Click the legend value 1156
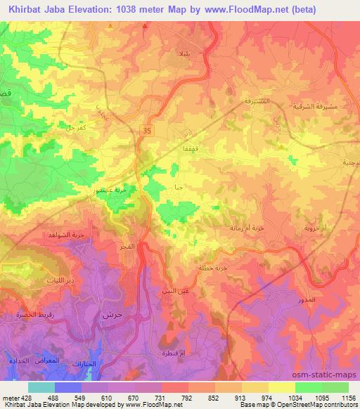pyautogui.click(x=347, y=398)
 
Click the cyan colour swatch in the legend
pyautogui.click(x=41, y=387)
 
